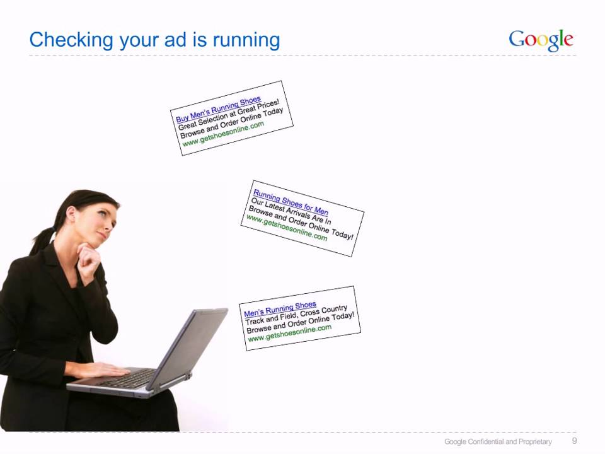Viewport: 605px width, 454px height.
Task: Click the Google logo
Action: pos(541,40)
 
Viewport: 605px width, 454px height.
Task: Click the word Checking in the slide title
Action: pos(66,40)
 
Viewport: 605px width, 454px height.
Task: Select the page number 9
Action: pos(574,441)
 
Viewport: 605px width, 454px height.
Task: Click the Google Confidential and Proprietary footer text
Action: pos(498,441)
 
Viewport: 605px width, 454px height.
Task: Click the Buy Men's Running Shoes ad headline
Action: pos(218,110)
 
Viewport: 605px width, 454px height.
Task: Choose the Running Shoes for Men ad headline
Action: pos(291,201)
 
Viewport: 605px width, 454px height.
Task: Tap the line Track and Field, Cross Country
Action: pos(296,315)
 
